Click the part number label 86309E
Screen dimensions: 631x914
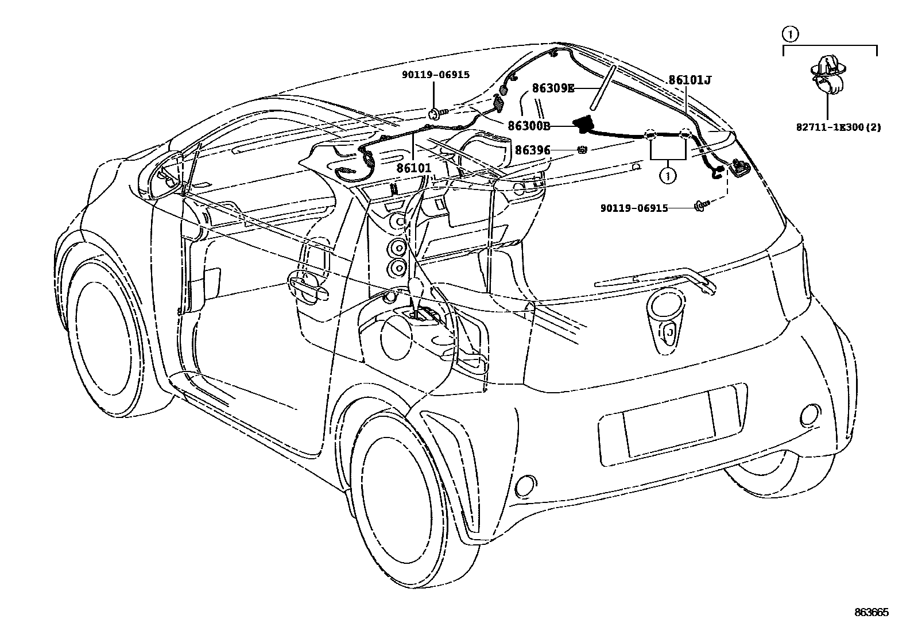553,88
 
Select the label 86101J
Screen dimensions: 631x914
690,80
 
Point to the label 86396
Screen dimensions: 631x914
532,150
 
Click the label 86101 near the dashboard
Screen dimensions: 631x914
413,168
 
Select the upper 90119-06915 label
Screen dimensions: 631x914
435,75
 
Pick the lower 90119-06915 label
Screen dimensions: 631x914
634,208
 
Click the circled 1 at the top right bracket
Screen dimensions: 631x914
790,34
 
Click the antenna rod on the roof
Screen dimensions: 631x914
603,88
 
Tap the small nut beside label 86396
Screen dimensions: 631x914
581,150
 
